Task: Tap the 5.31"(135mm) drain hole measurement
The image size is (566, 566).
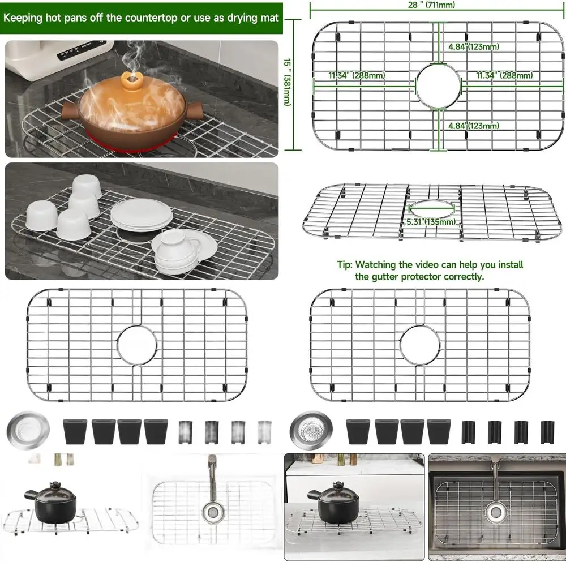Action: click(x=431, y=222)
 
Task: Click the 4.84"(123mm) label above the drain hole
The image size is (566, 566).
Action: click(x=473, y=47)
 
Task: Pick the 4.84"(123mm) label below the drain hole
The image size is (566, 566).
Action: click(x=473, y=126)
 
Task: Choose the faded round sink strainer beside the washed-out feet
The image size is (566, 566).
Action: click(x=23, y=430)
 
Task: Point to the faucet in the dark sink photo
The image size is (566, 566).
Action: click(x=495, y=481)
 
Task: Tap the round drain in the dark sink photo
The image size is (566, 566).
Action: click(x=495, y=513)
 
